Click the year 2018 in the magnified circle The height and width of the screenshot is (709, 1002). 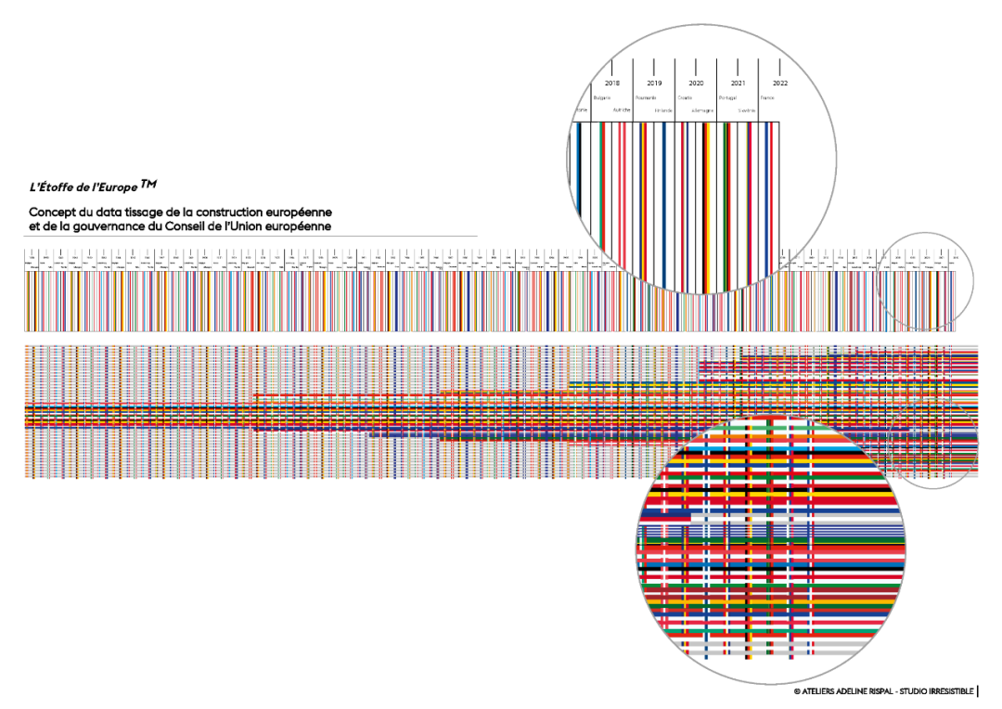coord(612,84)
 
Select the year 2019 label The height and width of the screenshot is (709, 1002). coord(654,84)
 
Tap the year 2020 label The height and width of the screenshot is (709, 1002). coord(696,84)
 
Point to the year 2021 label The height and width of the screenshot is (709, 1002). coord(739,84)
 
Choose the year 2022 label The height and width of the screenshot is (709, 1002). coord(780,84)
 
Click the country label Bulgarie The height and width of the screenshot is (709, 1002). coord(601,97)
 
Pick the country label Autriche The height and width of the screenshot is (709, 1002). coord(621,110)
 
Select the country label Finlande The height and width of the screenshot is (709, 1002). coord(662,110)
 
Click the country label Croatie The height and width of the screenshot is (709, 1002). coord(685,97)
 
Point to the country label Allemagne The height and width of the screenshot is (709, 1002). coord(702,110)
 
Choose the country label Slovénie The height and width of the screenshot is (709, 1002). coord(746,110)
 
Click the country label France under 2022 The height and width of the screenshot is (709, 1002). coord(767,97)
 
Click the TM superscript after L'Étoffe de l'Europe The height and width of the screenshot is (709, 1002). coord(149,184)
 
